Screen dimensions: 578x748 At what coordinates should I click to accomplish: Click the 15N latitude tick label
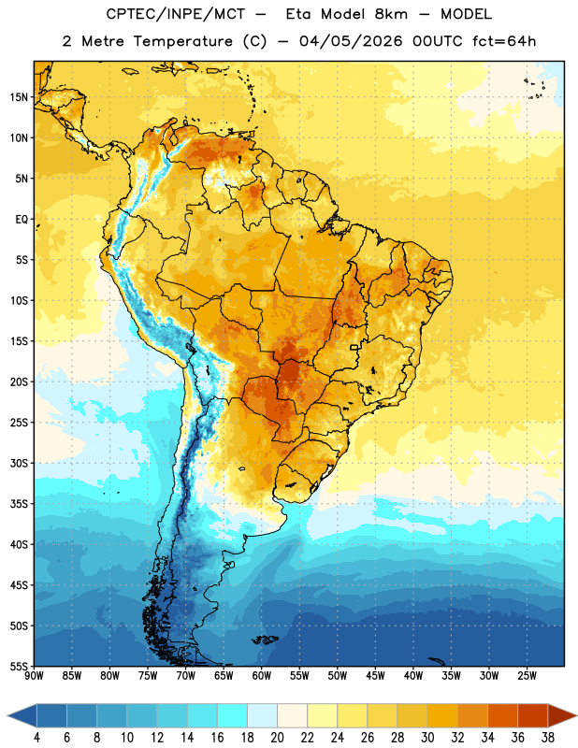(19, 97)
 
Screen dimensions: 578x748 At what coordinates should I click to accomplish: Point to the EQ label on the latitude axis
(22, 220)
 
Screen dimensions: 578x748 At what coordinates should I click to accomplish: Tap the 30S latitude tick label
(19, 464)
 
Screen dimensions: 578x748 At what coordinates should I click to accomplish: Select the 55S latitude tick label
(19, 666)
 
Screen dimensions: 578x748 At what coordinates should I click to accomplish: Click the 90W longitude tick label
(34, 676)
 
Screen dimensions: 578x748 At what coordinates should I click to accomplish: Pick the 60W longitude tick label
(262, 676)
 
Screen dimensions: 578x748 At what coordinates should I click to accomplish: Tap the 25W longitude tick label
(527, 676)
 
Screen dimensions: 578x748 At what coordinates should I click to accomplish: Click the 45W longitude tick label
(375, 676)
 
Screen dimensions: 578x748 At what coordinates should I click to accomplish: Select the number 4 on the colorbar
(36, 738)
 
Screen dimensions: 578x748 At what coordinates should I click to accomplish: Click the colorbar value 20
(277, 738)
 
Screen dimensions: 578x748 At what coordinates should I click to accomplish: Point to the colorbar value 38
(548, 738)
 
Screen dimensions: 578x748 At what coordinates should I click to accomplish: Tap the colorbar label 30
(427, 738)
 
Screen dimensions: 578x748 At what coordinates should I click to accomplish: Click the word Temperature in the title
(183, 41)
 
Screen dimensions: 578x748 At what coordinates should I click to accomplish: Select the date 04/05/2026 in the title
(351, 41)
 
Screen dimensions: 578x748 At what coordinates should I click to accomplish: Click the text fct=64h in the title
(504, 41)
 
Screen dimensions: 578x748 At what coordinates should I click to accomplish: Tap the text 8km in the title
(391, 14)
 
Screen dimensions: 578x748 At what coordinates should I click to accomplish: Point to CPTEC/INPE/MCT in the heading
(176, 14)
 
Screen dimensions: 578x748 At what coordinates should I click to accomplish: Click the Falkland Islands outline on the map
(266, 640)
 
